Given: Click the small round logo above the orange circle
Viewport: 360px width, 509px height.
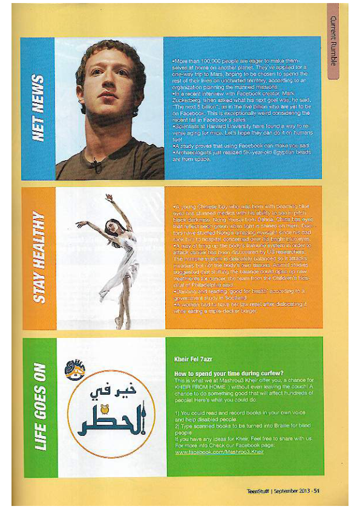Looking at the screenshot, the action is click(75, 368).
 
